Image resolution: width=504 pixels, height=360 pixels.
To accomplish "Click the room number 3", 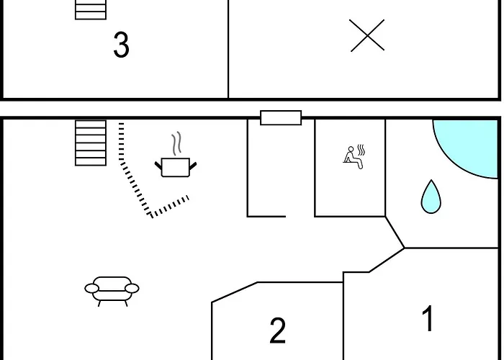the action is pyautogui.click(x=122, y=45).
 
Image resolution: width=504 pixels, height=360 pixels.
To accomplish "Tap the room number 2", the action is pyautogui.click(x=277, y=330).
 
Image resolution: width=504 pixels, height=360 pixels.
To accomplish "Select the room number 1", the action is pyautogui.click(x=428, y=318).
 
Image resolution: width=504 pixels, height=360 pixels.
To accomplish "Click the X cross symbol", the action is pyautogui.click(x=366, y=35).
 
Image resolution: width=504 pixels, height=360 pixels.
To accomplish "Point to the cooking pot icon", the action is pyautogui.click(x=176, y=167).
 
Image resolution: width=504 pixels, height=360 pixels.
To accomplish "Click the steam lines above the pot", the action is pyautogui.click(x=176, y=143).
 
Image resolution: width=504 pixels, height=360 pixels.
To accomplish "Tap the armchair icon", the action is pyautogui.click(x=112, y=291).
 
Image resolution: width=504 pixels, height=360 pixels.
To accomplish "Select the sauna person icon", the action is pyautogui.click(x=353, y=158).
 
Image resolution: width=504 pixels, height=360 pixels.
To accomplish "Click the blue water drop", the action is pyautogui.click(x=431, y=197).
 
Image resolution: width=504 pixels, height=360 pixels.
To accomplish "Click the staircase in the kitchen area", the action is pyautogui.click(x=91, y=143).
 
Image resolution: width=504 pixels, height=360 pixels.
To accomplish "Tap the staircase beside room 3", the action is pyautogui.click(x=91, y=9).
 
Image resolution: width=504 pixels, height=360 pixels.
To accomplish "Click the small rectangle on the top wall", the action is pyautogui.click(x=281, y=117).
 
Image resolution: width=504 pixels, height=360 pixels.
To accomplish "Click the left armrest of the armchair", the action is pyautogui.click(x=91, y=288).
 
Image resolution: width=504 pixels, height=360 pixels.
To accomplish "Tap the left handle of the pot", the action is pyautogui.click(x=158, y=166).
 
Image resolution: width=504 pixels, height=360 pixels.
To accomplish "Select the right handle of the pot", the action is pyautogui.click(x=192, y=166).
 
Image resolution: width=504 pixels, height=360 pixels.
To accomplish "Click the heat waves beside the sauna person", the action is pyautogui.click(x=361, y=150).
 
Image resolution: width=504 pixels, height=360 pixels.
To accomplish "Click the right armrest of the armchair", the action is pyautogui.click(x=132, y=288).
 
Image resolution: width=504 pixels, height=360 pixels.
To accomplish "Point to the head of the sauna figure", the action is pyautogui.click(x=351, y=149).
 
